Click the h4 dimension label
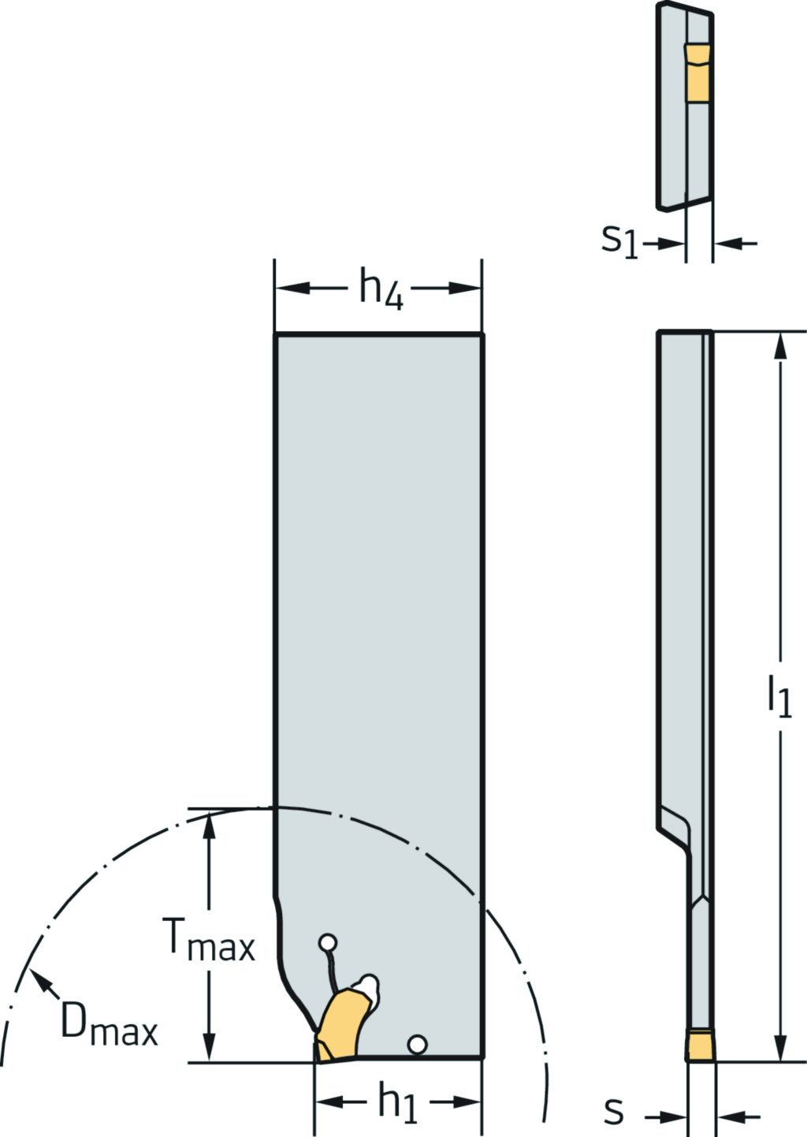click(x=381, y=290)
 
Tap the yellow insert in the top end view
click(x=697, y=73)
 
